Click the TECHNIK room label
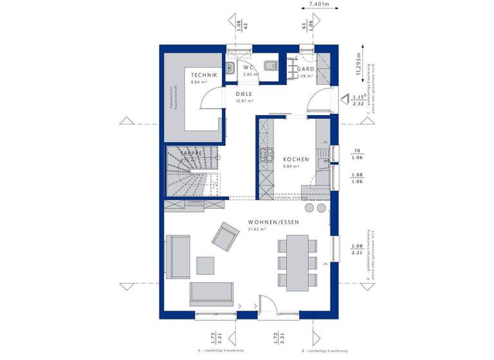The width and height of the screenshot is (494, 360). point(203,75)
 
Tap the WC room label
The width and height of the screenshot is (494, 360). point(248,67)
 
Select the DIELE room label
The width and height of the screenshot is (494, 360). point(244,94)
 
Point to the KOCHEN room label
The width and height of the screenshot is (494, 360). point(297,159)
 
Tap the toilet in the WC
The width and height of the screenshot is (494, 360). point(272,65)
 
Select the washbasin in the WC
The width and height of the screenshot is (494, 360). point(230,67)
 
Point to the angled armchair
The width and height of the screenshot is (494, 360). point(226,236)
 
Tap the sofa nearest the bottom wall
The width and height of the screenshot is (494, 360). point(212,293)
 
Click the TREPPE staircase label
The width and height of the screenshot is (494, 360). point(192,154)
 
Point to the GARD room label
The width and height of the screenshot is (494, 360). point(304,69)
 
